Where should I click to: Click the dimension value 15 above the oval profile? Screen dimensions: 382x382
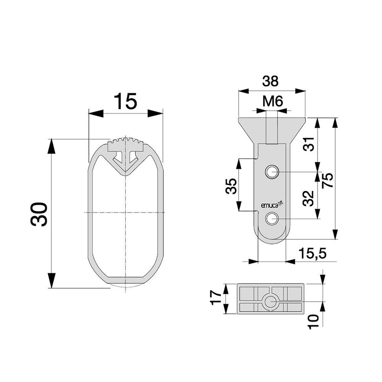[x=125, y=101]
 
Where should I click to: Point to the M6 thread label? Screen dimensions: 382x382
[x=273, y=101]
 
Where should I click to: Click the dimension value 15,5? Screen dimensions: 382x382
[x=313, y=254]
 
